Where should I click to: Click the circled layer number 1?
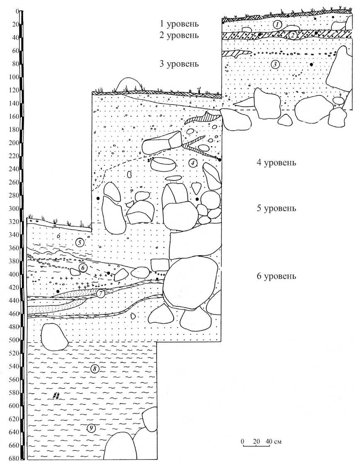277,24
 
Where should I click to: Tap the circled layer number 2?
292,35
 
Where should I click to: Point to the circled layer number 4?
192,163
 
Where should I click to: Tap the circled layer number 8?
95,368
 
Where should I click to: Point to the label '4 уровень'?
276,162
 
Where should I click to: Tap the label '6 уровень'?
276,276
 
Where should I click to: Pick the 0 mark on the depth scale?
17,11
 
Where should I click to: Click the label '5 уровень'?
276,208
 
